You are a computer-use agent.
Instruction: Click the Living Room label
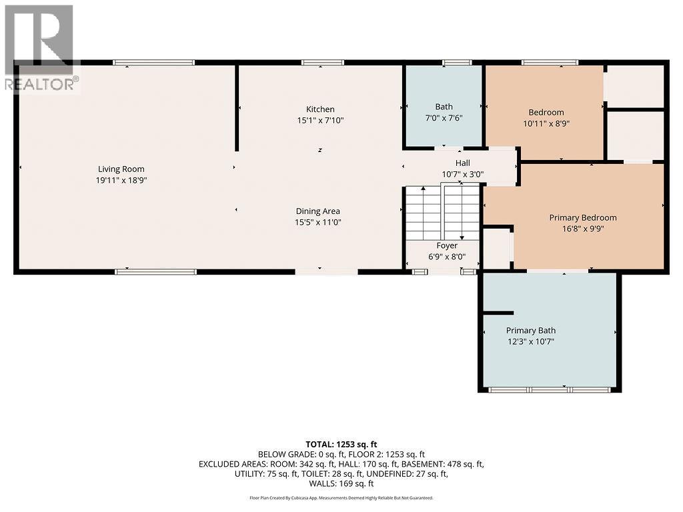121,169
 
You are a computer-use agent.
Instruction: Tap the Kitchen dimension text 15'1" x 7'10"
320,121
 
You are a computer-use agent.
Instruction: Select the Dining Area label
318,211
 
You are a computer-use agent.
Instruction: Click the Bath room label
444,107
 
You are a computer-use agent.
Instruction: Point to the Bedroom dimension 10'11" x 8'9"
546,123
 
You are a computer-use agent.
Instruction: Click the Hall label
462,163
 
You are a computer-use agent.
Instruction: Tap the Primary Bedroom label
582,217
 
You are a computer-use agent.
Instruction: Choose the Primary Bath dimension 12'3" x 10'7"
530,341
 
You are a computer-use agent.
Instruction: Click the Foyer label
447,245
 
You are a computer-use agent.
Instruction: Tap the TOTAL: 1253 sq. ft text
341,443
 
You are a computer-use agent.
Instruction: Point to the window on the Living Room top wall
153,63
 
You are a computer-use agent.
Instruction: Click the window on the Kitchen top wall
322,63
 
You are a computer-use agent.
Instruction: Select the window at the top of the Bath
457,63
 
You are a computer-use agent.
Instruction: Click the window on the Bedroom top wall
550,63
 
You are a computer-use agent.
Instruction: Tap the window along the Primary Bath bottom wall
550,389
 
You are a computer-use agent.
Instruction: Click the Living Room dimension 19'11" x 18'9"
121,180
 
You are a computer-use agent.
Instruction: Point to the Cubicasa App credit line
341,497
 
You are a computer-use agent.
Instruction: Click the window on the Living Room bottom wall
155,271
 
